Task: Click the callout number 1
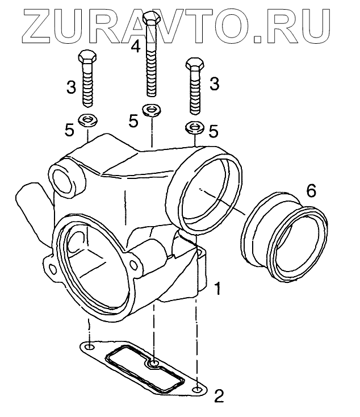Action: [x=216, y=290]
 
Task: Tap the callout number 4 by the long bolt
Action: [x=135, y=46]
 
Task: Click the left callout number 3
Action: [x=71, y=87]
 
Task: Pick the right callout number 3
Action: [x=215, y=85]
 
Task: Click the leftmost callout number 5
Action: [x=69, y=131]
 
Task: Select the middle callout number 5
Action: [x=133, y=120]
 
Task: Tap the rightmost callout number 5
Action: [x=214, y=131]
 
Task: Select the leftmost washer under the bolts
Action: [x=87, y=120]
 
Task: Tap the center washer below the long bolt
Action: [x=151, y=110]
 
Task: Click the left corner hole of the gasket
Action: [x=89, y=346]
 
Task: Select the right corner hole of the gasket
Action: [x=196, y=390]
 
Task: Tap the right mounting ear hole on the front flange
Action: [x=135, y=262]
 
